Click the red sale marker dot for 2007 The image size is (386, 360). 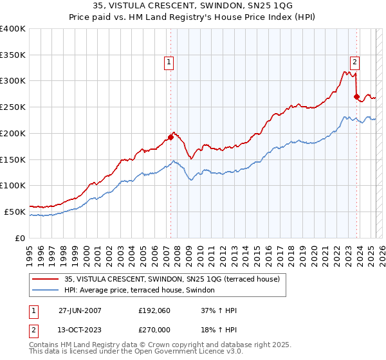click(170, 136)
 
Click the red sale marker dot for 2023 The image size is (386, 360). click(356, 96)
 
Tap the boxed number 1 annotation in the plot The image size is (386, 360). click(169, 62)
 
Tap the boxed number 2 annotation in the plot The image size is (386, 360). click(354, 62)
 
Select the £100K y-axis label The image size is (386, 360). click(13, 185)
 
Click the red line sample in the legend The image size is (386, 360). click(46, 280)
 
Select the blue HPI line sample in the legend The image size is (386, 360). click(46, 291)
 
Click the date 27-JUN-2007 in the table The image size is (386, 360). click(80, 310)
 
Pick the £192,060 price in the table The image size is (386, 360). click(152, 310)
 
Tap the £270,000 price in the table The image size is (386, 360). click(152, 329)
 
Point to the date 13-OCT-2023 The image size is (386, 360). click(80, 329)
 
